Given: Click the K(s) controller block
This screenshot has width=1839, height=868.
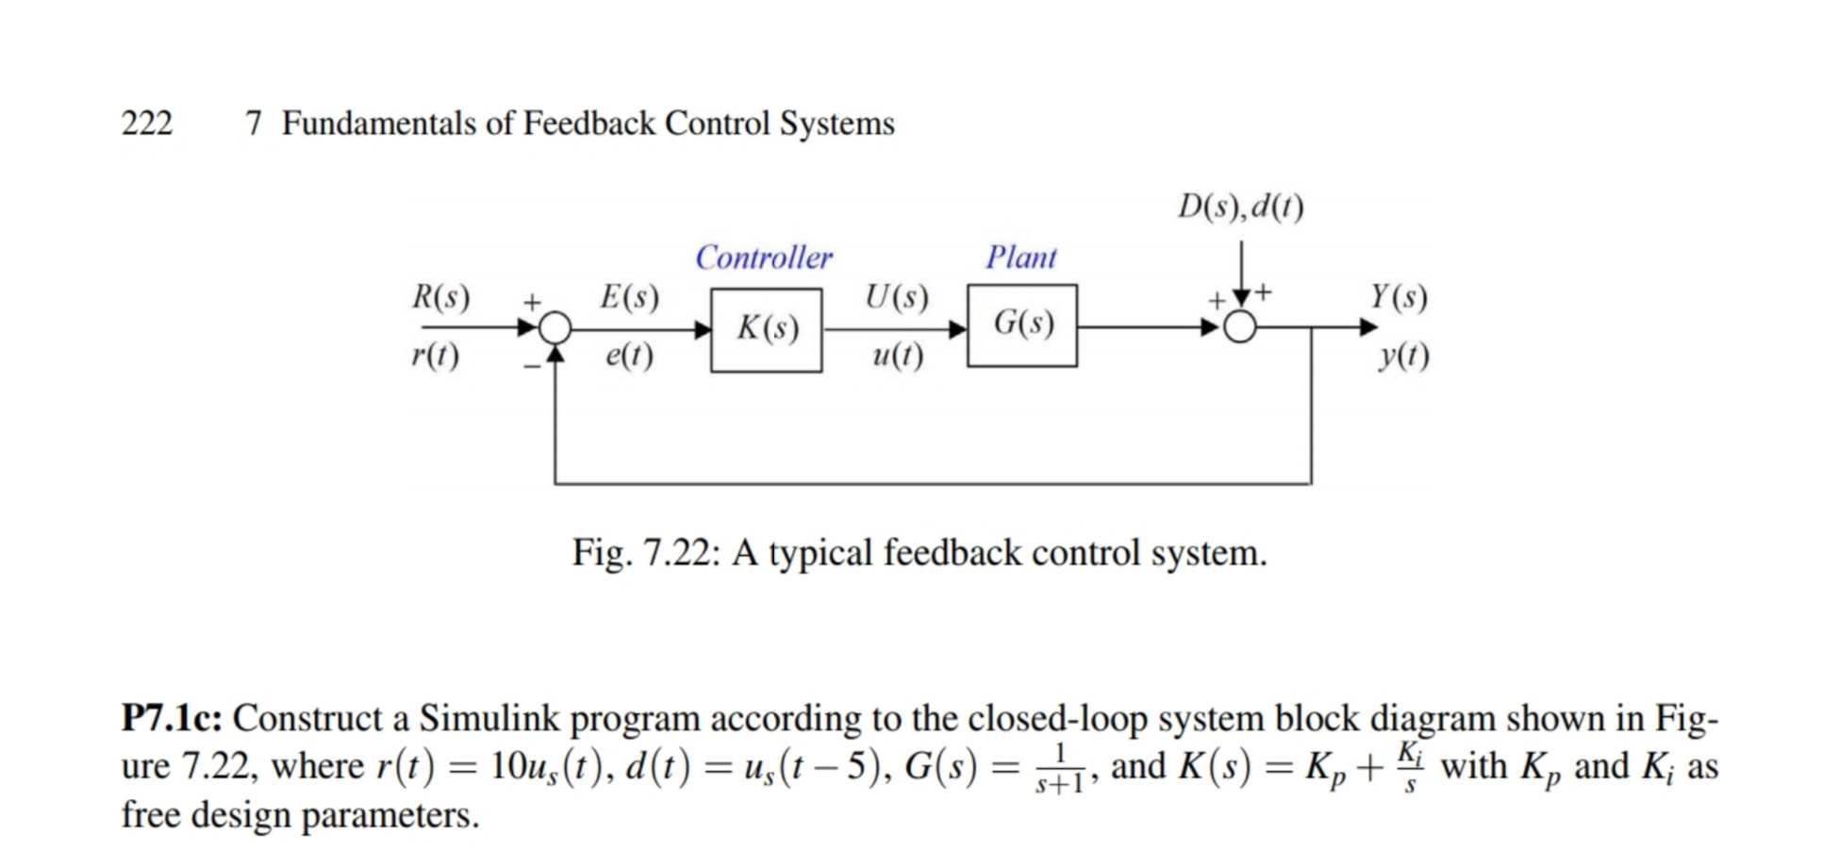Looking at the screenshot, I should tap(766, 329).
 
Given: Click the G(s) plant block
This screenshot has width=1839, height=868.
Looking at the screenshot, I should tap(1022, 325).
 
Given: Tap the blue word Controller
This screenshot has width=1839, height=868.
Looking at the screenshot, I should tap(764, 258).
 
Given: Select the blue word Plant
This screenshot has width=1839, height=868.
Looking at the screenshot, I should tap(1021, 258).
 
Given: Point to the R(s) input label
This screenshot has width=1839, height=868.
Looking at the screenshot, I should tap(440, 297).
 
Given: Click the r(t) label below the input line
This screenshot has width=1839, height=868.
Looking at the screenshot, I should tap(436, 356).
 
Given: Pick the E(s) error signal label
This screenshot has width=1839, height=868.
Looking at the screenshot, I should tap(629, 297).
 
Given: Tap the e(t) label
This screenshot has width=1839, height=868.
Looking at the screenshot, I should tap(629, 356).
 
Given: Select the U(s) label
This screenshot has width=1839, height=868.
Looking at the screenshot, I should tap(896, 297).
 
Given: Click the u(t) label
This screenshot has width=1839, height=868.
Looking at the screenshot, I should tap(898, 356).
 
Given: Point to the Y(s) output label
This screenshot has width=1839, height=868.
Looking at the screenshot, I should tap(1399, 297).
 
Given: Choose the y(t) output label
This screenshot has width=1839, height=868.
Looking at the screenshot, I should tap(1403, 356).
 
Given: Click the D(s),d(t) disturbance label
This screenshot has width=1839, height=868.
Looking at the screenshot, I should tap(1241, 206).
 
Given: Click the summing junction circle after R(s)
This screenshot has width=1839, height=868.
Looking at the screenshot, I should tap(555, 328).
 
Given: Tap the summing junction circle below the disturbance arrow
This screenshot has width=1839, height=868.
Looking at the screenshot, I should tap(1240, 328).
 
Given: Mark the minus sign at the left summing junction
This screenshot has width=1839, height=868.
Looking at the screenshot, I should tap(532, 366).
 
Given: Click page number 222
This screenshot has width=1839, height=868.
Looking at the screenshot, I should tap(147, 124).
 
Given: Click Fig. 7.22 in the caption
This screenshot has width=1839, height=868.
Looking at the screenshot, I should tap(645, 553).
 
